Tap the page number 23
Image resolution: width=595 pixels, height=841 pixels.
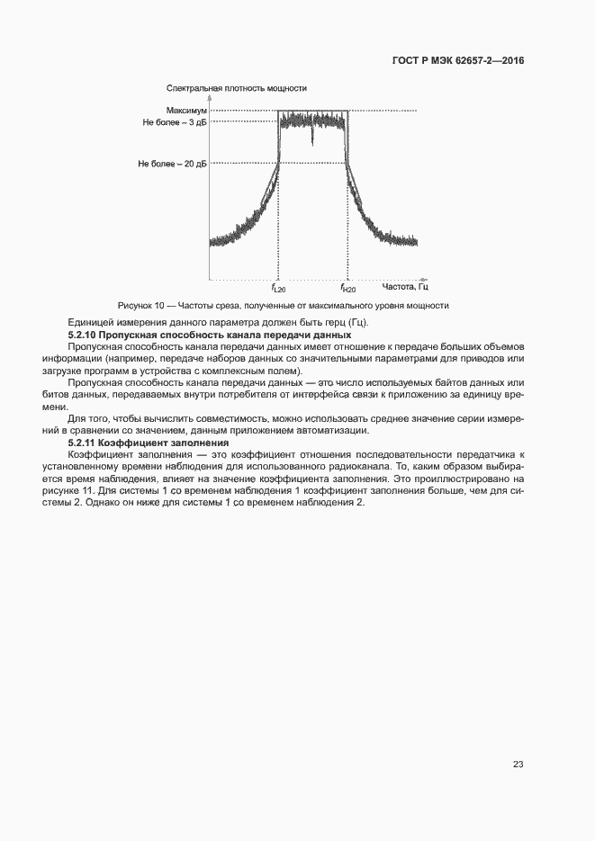coord(518,764)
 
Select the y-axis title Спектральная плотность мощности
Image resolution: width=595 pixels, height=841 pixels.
coord(237,88)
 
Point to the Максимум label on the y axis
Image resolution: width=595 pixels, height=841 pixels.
coord(186,111)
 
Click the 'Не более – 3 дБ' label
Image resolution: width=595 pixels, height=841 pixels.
coord(175,122)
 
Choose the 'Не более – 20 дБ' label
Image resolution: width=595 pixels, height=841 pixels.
coord(172,164)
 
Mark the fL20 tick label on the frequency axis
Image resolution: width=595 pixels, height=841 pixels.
coord(278,289)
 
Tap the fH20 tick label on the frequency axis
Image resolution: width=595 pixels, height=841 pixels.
coord(347,289)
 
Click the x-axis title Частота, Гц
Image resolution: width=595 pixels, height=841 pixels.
coord(405,287)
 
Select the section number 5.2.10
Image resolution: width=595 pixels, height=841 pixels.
coord(84,335)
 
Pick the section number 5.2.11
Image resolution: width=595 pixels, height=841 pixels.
coord(84,443)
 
